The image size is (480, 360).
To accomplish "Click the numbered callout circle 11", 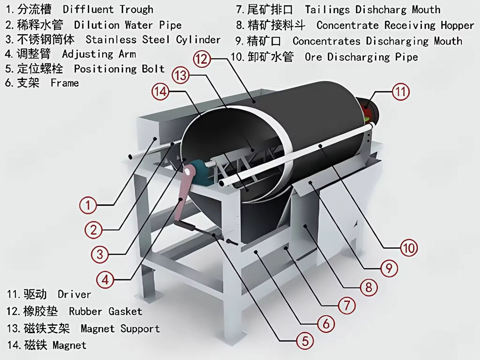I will pos(400,92).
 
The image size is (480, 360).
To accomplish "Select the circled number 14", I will pos(160,92).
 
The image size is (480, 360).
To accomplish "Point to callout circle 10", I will pos(408,247).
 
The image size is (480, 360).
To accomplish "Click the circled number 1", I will pos(88,206).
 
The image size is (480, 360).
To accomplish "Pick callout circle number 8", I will pos(368,287).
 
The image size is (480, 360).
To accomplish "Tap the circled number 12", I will pos(203,58).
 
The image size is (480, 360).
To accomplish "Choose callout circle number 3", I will pos(100,254).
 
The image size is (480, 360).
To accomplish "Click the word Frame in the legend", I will pos(65,83).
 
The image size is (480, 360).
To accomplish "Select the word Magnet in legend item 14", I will pos(69,346).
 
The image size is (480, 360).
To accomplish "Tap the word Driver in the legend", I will pos(74,295).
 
